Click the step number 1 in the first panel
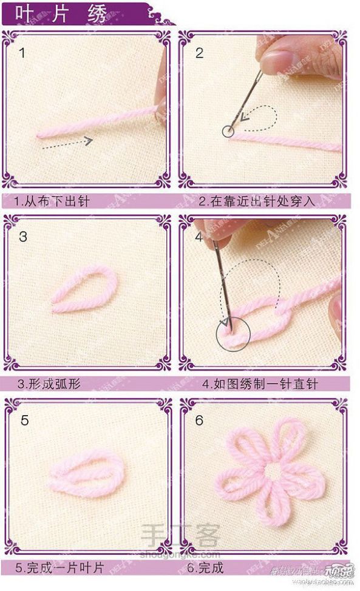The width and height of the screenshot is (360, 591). (x=22, y=53)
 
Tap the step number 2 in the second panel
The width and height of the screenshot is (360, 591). (x=199, y=53)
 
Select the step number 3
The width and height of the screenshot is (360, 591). (x=22, y=237)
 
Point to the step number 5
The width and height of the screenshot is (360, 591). (x=24, y=420)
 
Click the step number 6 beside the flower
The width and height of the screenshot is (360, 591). (x=199, y=420)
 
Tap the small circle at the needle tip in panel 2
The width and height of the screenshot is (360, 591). (x=228, y=130)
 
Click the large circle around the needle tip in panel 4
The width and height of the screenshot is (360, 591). (x=233, y=333)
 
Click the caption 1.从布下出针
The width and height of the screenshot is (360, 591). (x=52, y=201)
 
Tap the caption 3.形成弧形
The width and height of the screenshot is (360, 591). (x=49, y=384)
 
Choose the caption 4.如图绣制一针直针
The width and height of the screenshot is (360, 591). (x=260, y=384)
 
